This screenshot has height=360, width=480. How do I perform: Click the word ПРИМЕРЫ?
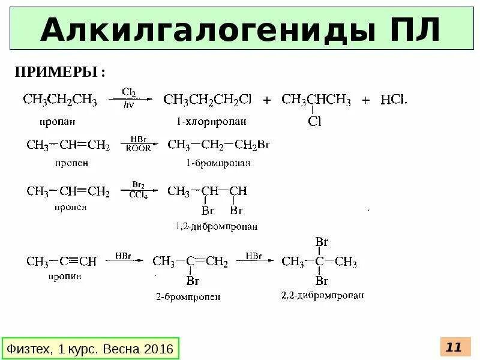(57, 73)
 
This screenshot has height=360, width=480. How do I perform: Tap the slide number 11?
(454, 347)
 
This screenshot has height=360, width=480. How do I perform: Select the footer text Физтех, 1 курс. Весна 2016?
(89, 348)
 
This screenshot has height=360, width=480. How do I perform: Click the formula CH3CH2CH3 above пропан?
(60, 100)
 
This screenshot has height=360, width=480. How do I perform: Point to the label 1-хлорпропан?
(211, 121)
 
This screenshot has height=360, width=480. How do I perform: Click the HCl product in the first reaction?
(394, 100)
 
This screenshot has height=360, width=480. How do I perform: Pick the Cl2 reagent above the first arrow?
(128, 92)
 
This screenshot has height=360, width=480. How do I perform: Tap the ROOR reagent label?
(138, 149)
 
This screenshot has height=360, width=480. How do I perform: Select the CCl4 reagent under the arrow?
(137, 196)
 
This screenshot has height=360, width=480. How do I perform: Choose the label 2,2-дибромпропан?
(322, 295)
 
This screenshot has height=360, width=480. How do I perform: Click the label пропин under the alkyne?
(60, 277)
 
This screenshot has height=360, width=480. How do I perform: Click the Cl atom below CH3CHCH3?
(314, 122)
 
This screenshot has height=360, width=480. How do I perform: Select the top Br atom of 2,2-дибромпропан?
(322, 242)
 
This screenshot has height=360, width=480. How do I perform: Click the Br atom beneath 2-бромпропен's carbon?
(193, 281)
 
